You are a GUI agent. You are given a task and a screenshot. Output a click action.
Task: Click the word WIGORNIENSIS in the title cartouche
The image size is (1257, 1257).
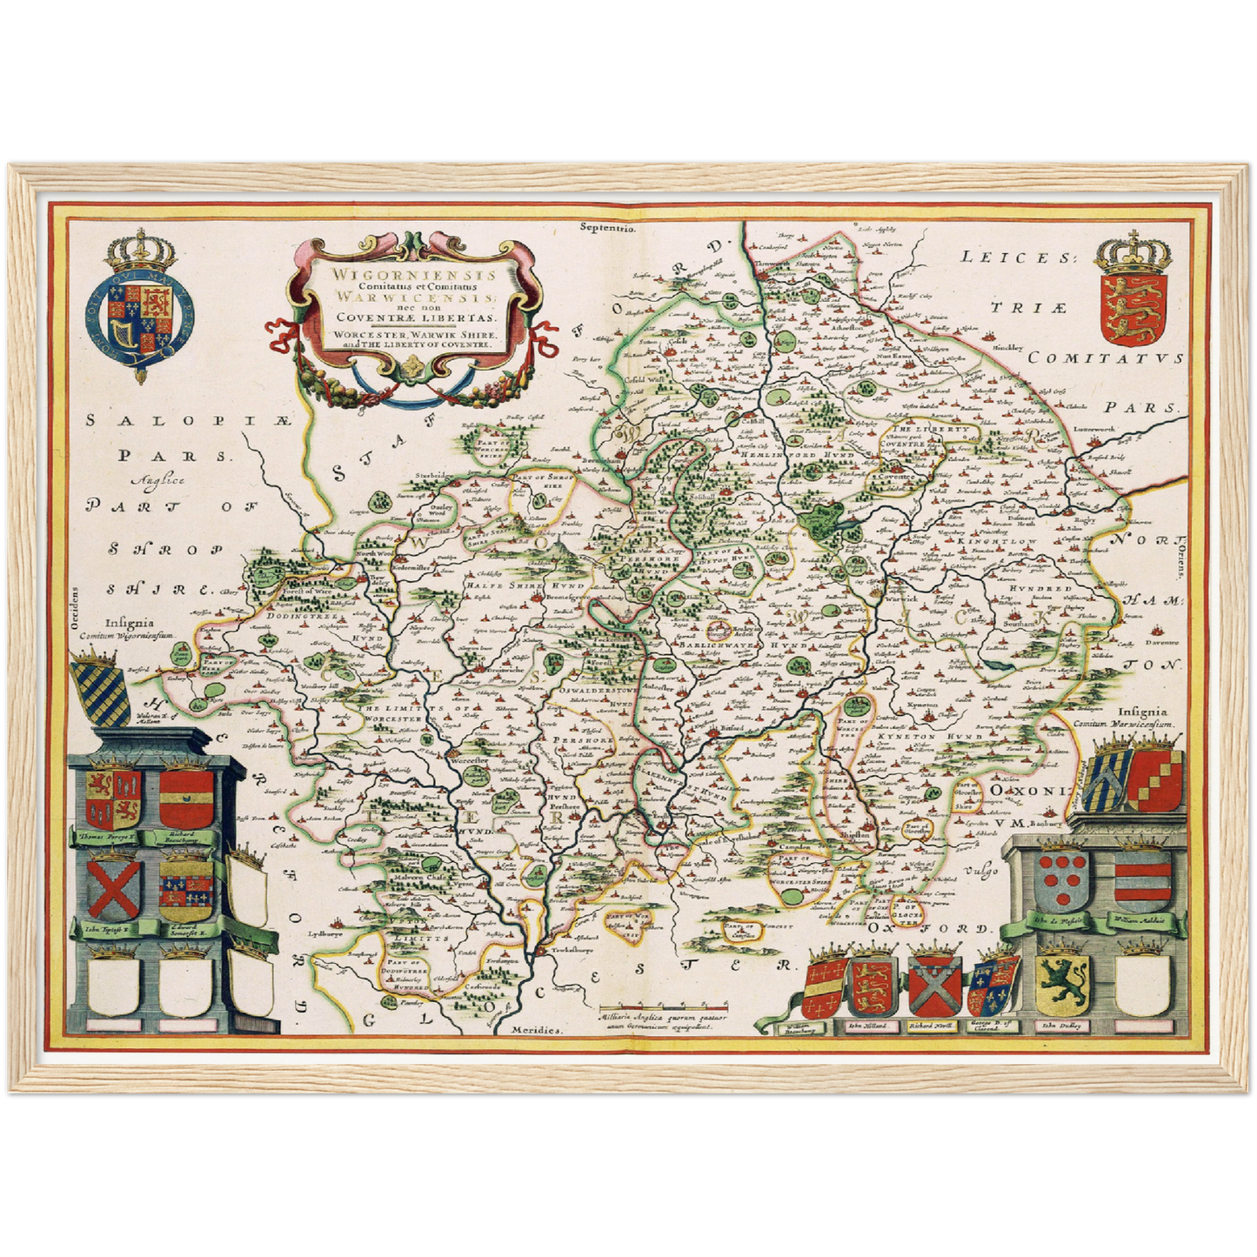tap(401, 274)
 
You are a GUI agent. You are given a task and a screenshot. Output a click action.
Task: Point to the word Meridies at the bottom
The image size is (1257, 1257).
tap(537, 1028)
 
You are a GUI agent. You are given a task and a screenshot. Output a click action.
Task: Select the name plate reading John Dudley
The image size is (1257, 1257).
tap(1060, 1026)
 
